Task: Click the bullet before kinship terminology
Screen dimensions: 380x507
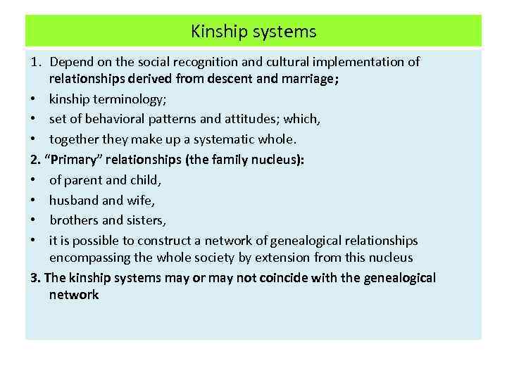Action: (x=35, y=99)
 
